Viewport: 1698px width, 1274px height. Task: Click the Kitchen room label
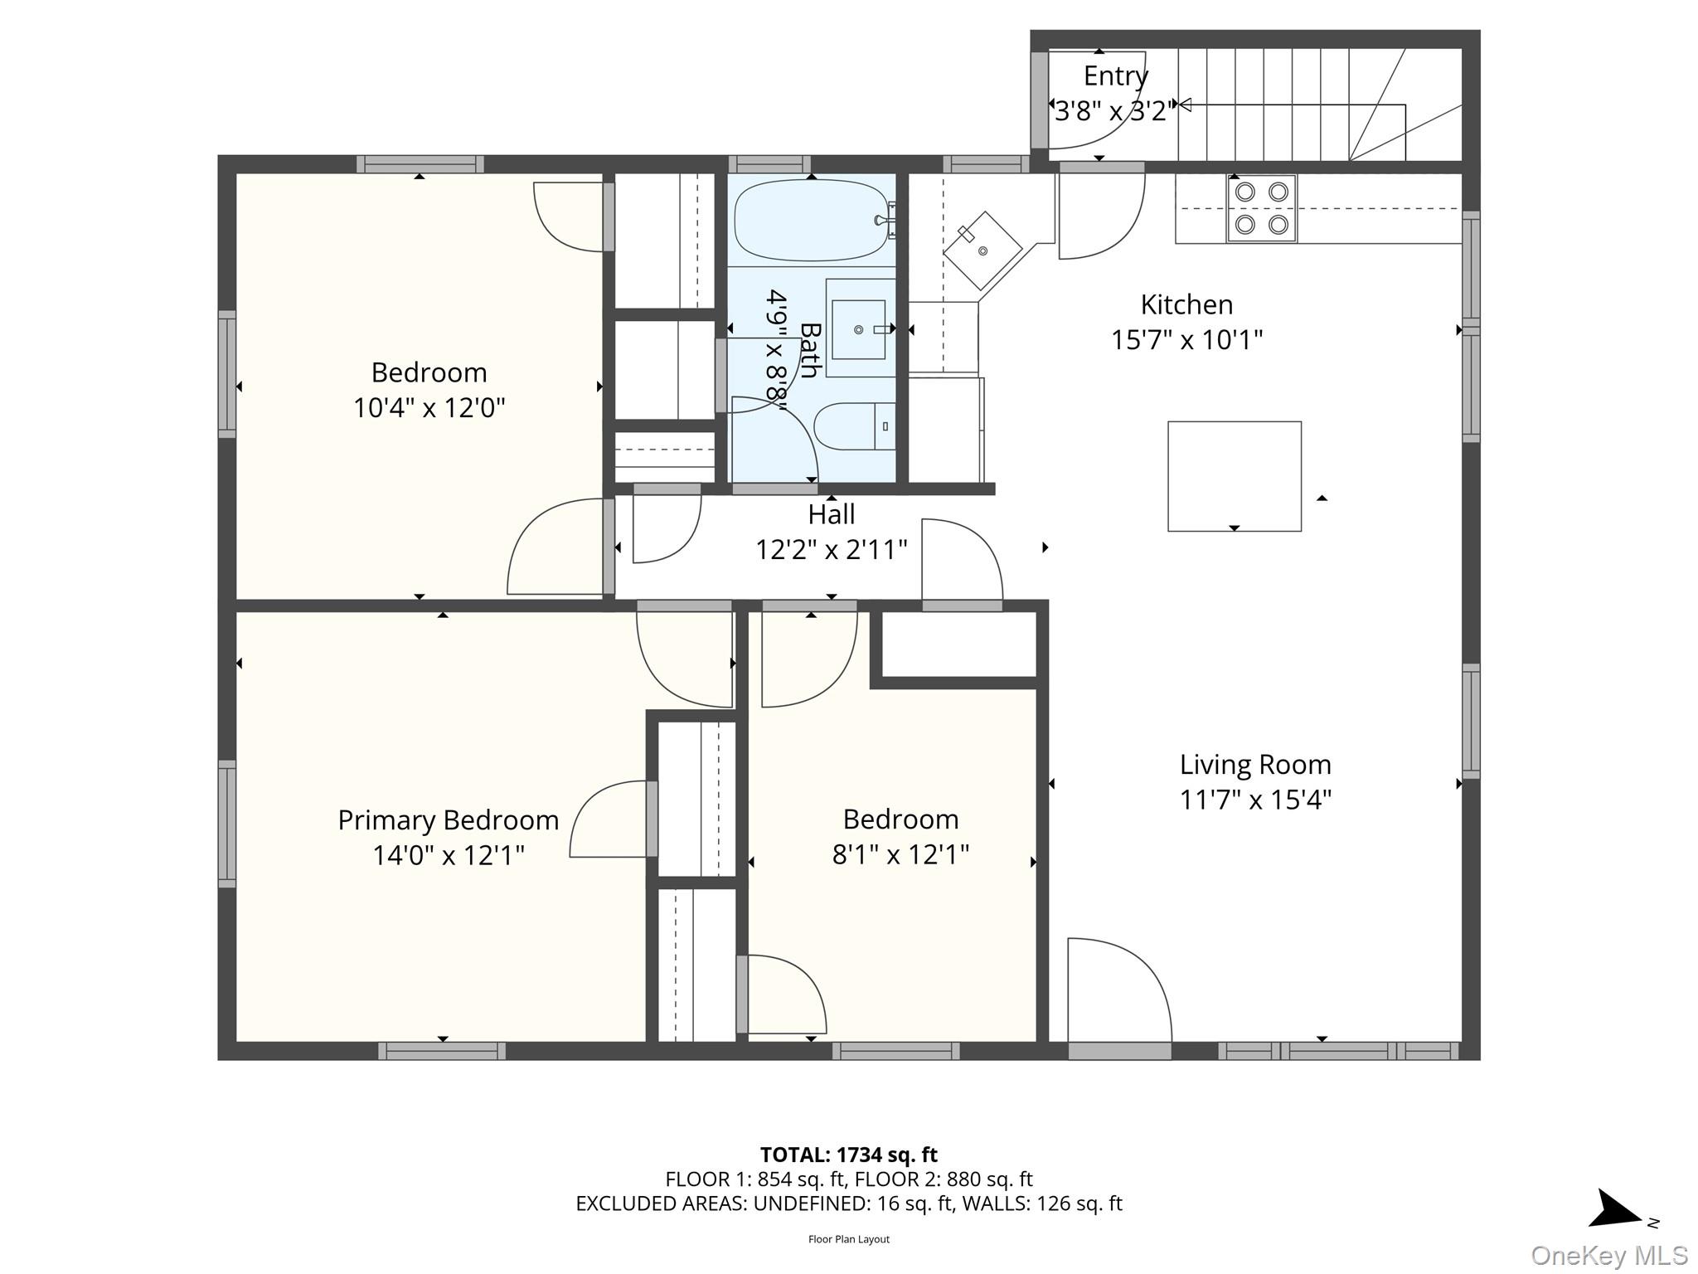point(1186,304)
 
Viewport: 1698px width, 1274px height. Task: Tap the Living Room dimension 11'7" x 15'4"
point(1255,800)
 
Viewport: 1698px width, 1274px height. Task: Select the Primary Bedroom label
point(448,820)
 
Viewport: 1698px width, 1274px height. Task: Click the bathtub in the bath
point(810,220)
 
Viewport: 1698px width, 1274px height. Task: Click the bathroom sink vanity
point(859,329)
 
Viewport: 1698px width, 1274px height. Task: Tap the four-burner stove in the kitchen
point(1261,208)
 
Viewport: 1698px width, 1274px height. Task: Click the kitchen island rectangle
point(1234,476)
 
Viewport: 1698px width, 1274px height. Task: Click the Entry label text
point(1115,75)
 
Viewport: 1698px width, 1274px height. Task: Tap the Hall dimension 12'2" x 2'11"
point(831,549)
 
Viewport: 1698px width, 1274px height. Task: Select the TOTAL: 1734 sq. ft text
point(848,1155)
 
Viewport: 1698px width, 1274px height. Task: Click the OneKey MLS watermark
point(1608,1255)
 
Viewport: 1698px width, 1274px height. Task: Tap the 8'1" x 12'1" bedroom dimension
point(900,854)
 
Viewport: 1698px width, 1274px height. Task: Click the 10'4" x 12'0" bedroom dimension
point(429,408)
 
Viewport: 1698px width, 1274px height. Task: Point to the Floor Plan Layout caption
point(848,1239)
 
